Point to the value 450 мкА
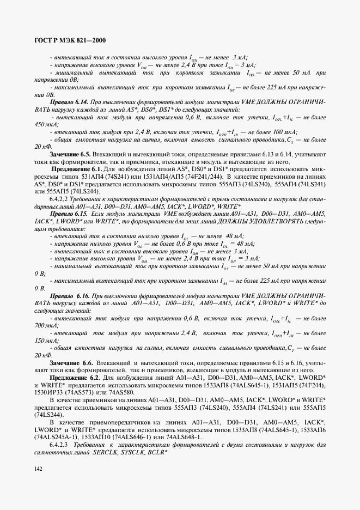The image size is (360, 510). click(x=44, y=124)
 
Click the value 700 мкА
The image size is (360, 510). click(x=44, y=325)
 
